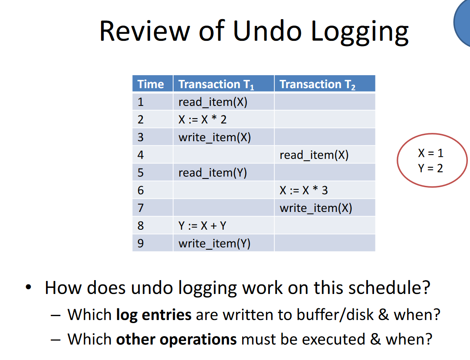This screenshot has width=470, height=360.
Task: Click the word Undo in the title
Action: click(x=267, y=31)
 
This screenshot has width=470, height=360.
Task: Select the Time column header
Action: click(x=153, y=84)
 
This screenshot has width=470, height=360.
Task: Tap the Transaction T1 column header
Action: click(x=223, y=84)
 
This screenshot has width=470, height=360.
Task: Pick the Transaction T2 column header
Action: click(x=325, y=84)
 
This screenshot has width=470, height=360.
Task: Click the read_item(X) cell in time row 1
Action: click(x=223, y=102)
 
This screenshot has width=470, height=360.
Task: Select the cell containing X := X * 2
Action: click(x=223, y=119)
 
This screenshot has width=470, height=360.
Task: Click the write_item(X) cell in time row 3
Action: click(x=223, y=137)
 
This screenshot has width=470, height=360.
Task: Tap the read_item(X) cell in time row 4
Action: click(x=325, y=155)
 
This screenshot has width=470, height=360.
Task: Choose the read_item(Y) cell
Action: click(x=223, y=172)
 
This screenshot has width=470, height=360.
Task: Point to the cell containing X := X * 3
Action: click(x=325, y=190)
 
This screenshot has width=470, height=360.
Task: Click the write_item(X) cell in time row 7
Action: click(x=325, y=208)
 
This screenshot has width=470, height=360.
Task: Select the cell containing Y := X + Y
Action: click(x=223, y=226)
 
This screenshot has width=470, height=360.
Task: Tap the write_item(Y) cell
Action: click(x=223, y=243)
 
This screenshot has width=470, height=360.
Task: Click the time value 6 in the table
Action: click(x=141, y=191)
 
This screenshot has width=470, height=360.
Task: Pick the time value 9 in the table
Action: click(x=141, y=243)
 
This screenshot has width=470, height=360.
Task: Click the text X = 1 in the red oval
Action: click(x=431, y=153)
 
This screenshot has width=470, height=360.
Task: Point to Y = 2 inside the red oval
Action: click(x=431, y=168)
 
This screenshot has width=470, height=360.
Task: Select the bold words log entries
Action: click(x=154, y=315)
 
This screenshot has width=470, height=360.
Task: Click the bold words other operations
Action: click(x=177, y=340)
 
